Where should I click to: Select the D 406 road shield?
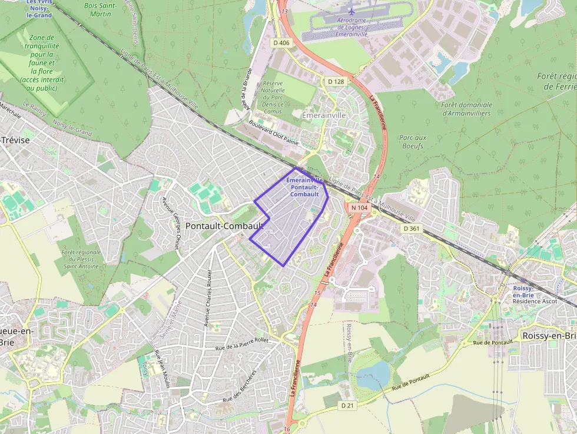(x=281, y=42)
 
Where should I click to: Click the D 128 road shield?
(x=336, y=81)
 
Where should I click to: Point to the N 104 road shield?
(x=359, y=208)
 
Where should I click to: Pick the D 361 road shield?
(x=412, y=228)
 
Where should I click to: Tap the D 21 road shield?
(x=348, y=405)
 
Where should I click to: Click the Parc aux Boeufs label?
(x=412, y=141)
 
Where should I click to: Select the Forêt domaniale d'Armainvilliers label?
(x=466, y=108)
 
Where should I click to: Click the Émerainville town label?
(x=323, y=116)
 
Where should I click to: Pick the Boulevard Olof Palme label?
(x=274, y=134)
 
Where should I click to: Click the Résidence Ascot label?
(x=535, y=301)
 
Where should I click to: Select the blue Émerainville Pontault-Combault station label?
(x=304, y=187)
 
